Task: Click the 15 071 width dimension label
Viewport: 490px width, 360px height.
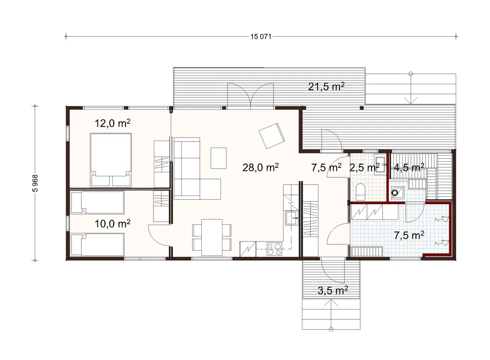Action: pos(261,37)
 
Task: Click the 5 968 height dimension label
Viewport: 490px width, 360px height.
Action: pos(35,183)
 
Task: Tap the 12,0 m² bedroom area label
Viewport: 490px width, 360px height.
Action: pos(113,123)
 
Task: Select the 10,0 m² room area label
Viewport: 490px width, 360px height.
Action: pos(113,223)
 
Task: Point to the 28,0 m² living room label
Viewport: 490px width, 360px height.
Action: pos(261,168)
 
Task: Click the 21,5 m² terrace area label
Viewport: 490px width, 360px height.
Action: pos(326,86)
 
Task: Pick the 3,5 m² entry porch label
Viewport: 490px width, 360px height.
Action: pos(333,290)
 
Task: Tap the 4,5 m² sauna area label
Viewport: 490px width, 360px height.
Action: pos(409,168)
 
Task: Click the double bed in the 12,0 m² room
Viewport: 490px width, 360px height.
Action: pos(111,160)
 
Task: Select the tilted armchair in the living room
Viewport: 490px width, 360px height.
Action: pos(272,136)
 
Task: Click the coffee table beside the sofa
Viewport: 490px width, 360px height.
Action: pos(219,158)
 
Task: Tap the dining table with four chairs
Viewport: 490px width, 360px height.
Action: pos(212,238)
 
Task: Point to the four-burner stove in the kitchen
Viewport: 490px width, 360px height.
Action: pos(274,249)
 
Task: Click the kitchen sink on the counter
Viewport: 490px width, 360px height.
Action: pos(292,218)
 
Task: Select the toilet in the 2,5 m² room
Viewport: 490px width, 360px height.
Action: pos(360,191)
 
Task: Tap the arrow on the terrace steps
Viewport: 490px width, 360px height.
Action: pos(411,89)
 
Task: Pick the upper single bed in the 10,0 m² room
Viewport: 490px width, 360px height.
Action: pos(98,202)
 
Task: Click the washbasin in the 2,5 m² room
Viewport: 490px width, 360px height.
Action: pos(380,164)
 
